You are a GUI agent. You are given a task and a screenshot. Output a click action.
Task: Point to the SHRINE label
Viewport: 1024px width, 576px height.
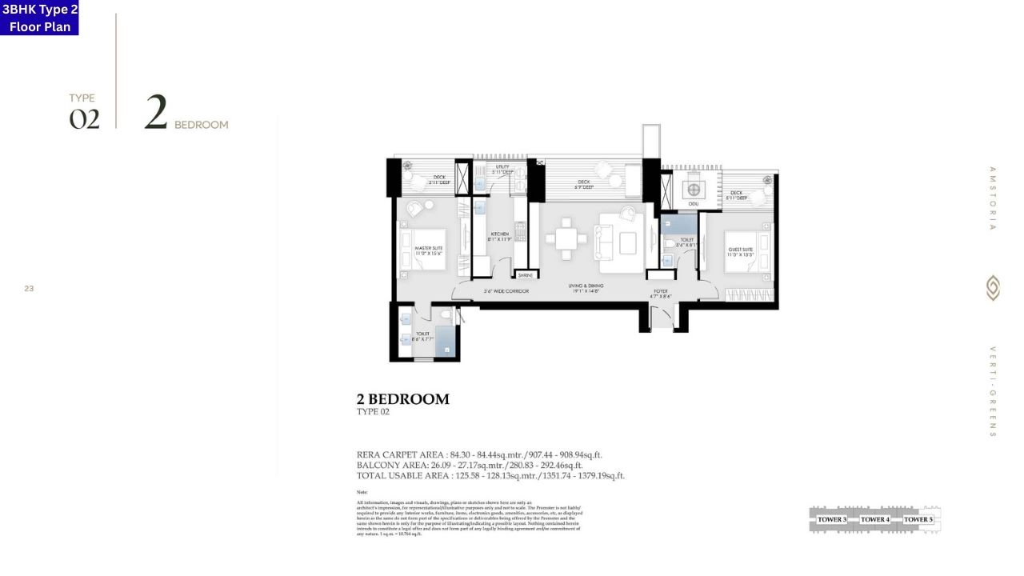tap(526, 275)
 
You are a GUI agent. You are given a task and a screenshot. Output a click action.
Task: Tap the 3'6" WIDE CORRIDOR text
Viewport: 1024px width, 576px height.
tap(506, 291)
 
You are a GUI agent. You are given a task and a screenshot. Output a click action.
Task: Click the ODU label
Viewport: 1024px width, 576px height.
tap(693, 204)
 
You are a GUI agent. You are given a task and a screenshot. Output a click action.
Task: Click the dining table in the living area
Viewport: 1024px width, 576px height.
tap(566, 238)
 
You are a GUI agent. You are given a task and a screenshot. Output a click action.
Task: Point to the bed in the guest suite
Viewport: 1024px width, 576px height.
tap(748, 252)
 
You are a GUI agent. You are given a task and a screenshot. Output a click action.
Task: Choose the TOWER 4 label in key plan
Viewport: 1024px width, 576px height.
tap(874, 519)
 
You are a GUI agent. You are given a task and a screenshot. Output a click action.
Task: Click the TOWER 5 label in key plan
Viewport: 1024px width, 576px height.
tap(918, 519)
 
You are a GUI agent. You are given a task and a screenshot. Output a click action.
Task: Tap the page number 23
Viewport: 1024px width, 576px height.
tap(29, 289)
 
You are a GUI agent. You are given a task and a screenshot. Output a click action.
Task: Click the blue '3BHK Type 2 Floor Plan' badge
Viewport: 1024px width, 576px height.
tap(39, 18)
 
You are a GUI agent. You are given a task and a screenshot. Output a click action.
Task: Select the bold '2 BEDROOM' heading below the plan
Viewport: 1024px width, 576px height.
tap(402, 399)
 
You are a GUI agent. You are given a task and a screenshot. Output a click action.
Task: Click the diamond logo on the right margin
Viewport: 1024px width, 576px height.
tap(993, 288)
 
